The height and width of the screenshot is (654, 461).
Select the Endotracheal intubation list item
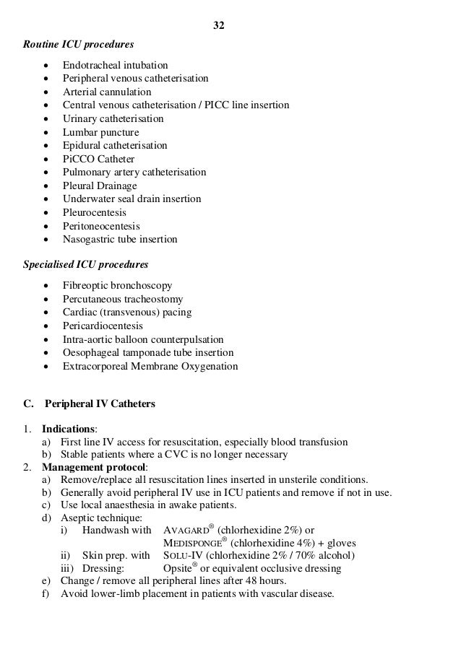[115, 65]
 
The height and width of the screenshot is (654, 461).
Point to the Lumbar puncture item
[100, 132]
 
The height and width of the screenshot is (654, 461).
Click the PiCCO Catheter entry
[98, 159]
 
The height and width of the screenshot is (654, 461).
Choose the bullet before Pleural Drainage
[47, 186]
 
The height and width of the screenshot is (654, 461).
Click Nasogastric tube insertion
[119, 239]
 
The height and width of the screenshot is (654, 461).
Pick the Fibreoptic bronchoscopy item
[117, 285]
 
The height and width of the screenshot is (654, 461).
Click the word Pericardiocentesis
[103, 326]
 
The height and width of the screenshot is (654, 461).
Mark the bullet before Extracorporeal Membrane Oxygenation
[47, 366]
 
